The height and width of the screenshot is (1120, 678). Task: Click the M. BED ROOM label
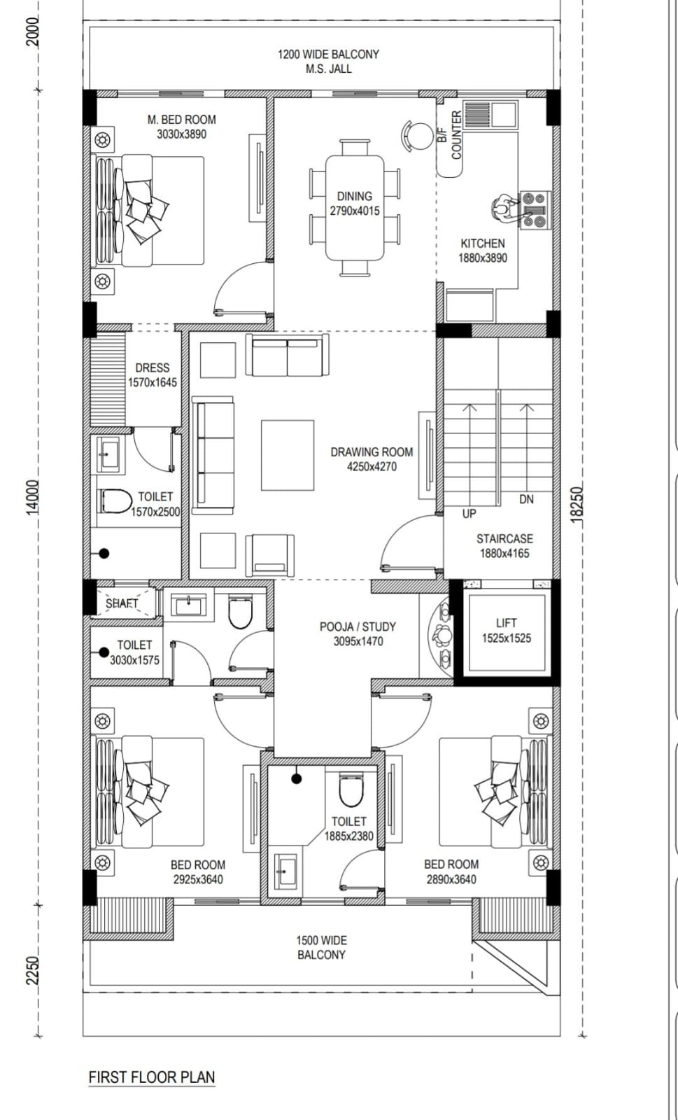181,120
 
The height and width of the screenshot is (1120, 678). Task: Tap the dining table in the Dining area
355,208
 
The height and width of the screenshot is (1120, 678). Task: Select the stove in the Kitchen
535,210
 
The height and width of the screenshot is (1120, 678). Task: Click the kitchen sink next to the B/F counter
490,115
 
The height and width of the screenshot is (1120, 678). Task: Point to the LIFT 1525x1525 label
506,631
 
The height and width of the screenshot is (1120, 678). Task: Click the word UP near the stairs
469,514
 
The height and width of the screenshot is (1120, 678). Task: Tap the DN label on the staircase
526,499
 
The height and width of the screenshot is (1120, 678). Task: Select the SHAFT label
122,603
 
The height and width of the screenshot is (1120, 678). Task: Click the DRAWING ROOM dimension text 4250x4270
372,466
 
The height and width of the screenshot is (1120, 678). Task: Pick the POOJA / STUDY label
358,626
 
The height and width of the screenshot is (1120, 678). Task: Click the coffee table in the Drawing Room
288,455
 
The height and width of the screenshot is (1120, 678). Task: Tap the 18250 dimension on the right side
577,505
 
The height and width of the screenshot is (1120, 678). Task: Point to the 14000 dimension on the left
32,497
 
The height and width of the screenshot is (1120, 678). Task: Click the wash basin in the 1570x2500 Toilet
108,454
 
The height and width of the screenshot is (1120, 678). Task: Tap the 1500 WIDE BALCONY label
321,948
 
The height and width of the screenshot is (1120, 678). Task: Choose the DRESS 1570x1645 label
153,375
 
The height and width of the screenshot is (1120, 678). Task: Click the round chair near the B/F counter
418,136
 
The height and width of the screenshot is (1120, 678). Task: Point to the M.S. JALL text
328,69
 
